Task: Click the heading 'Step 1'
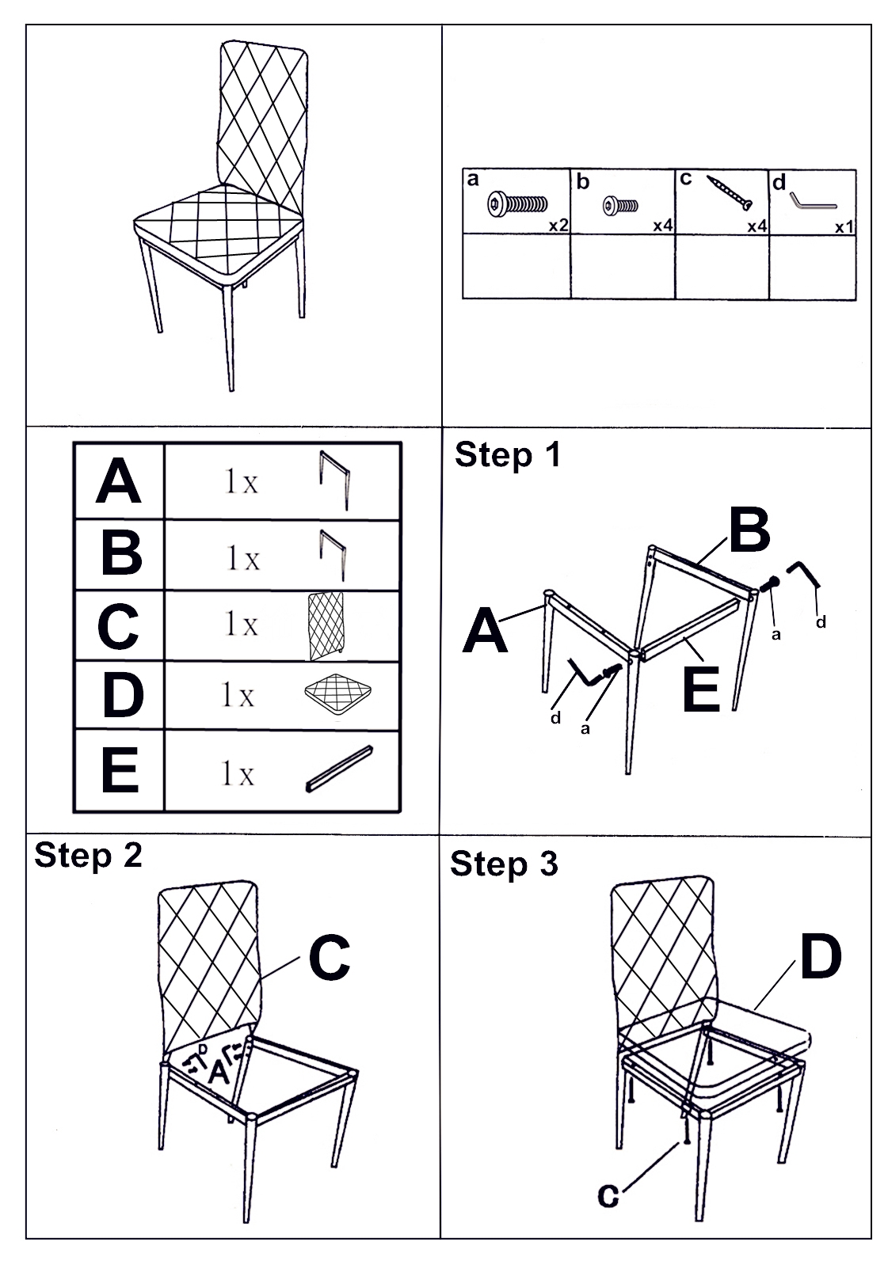point(507,455)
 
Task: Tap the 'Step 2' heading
point(88,856)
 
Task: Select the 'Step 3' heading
point(504,864)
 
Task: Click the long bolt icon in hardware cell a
point(517,204)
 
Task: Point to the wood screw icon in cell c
point(730,192)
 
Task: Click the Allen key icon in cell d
point(812,199)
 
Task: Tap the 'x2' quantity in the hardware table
point(558,226)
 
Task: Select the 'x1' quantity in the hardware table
point(844,227)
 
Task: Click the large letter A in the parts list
point(118,481)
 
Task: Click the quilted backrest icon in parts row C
point(326,625)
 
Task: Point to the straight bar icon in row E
point(338,768)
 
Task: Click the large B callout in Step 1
point(749,531)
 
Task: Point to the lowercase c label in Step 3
point(608,1195)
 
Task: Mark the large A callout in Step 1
point(485,632)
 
